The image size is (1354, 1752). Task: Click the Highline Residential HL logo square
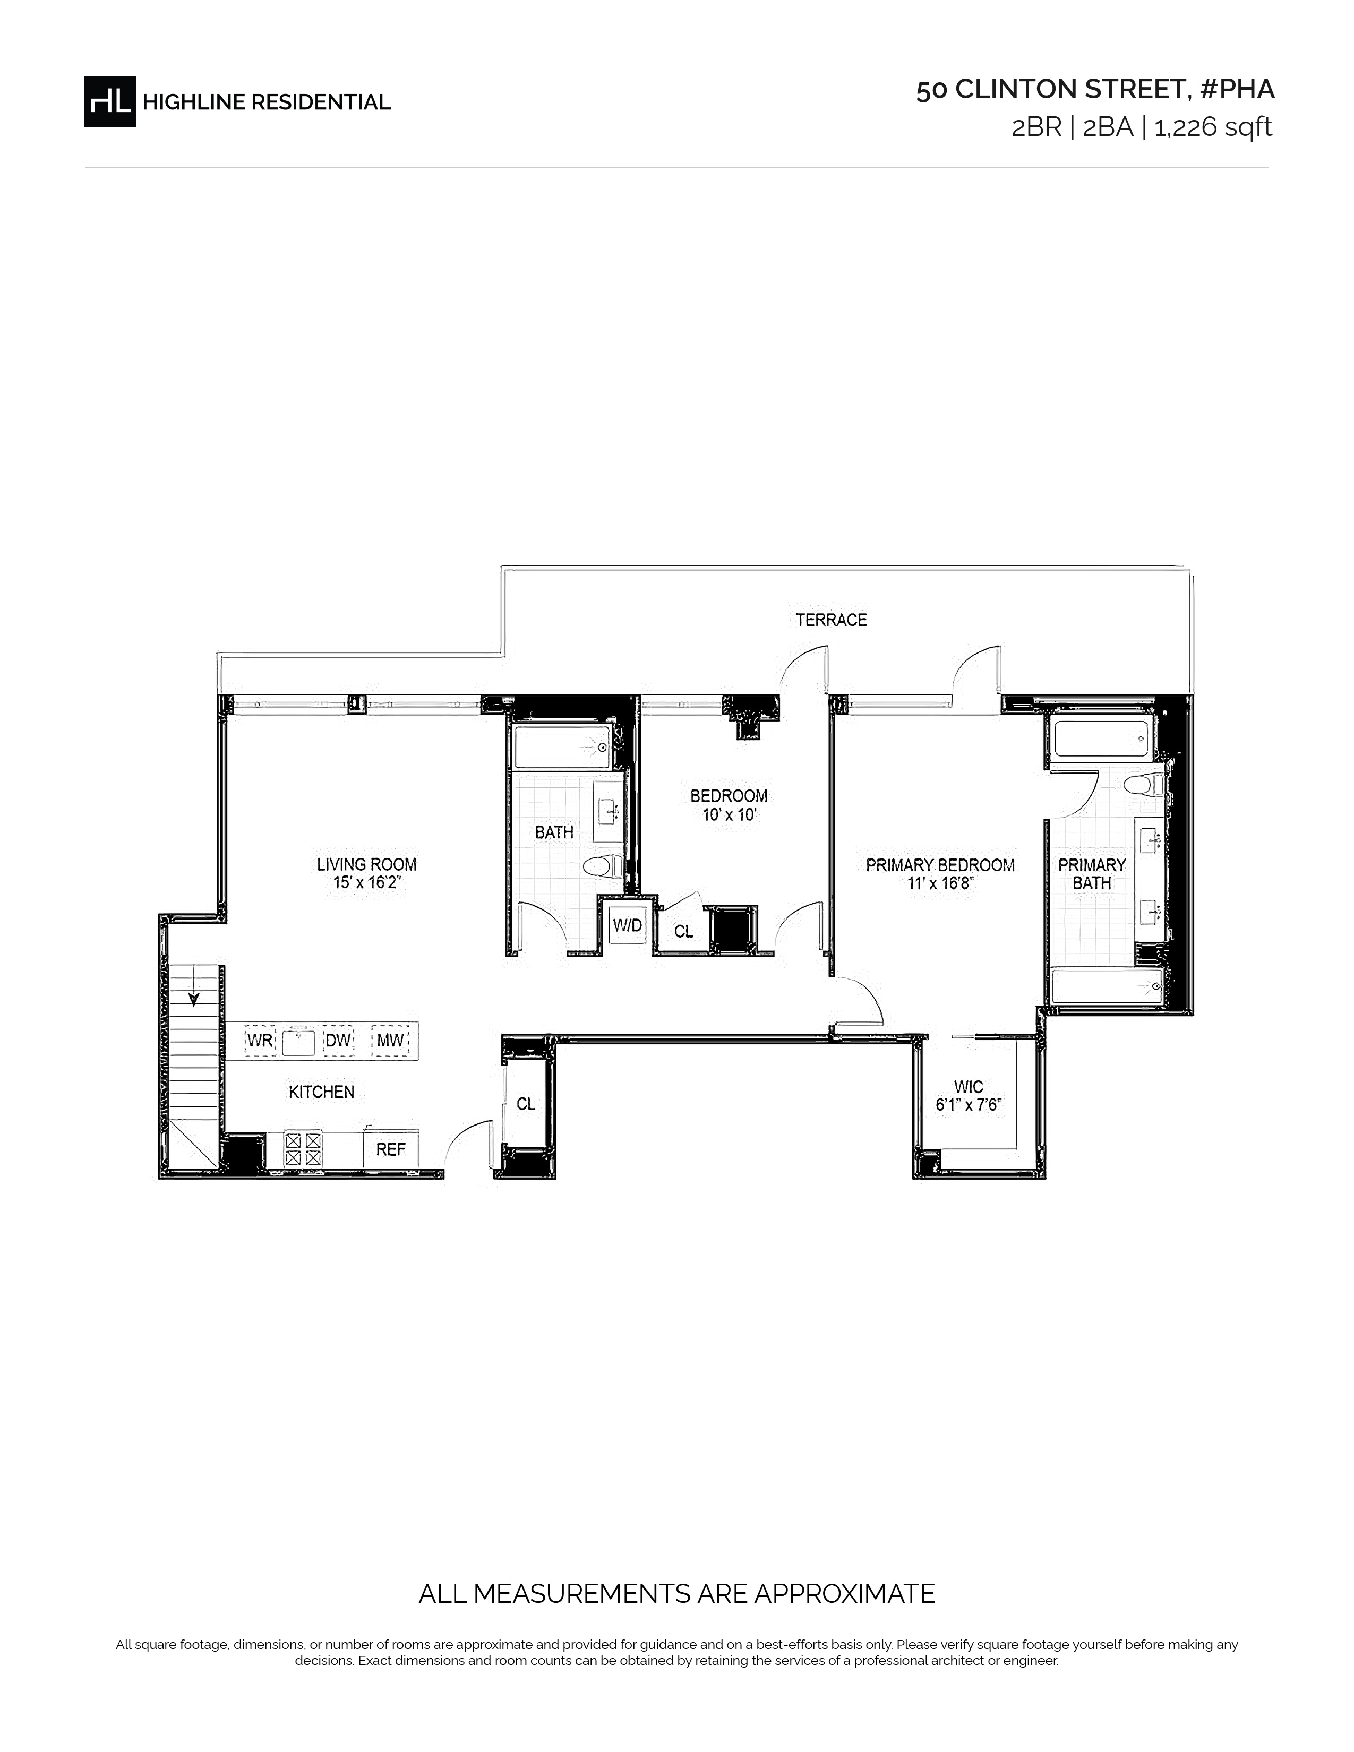coord(110,101)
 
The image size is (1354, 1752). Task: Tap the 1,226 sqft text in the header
coord(1213,127)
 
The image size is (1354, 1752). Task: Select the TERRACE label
coord(831,619)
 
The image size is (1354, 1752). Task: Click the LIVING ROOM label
coord(366,864)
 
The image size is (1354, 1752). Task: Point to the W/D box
coord(627,925)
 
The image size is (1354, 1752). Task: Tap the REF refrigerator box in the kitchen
coord(391,1149)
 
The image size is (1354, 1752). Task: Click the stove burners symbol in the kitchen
coord(303,1148)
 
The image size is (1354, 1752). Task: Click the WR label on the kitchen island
coord(260,1041)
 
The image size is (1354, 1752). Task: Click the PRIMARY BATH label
coord(1092,873)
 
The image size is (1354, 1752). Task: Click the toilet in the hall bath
coord(602,866)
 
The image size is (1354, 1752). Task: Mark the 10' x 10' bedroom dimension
coord(729,815)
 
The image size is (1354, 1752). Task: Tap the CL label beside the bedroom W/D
coord(683,931)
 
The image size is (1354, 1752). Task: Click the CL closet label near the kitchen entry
coord(525,1104)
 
